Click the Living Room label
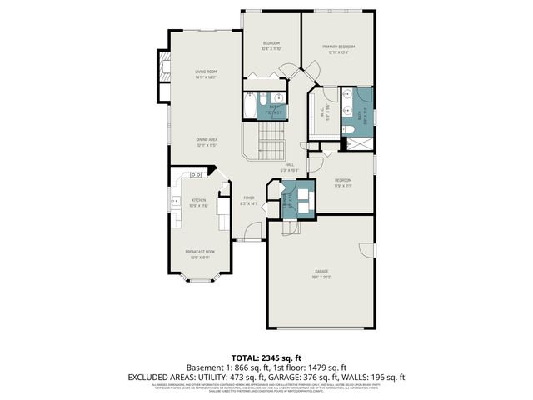coord(206,72)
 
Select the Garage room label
coord(321,271)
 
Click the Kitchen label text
coord(198,200)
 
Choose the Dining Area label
coord(207,139)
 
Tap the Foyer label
coord(248,198)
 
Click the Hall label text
coord(290,165)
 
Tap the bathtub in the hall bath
coord(251,108)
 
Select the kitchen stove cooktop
coord(197,174)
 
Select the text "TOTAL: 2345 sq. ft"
coord(266,356)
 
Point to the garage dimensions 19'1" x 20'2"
coord(321,277)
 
